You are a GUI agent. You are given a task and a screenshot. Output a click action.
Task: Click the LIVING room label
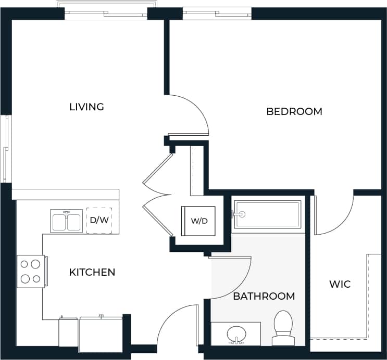pos(86,107)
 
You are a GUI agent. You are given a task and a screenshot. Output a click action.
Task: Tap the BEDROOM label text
pos(294,111)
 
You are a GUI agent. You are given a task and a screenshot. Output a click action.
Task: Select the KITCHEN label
pos(92,272)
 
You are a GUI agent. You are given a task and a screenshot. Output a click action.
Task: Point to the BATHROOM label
pos(264,296)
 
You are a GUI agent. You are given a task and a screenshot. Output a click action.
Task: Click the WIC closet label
pos(340,285)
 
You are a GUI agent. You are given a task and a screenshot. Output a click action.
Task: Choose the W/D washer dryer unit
pos(198,221)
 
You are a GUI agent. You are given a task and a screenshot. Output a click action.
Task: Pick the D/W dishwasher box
pos(99,220)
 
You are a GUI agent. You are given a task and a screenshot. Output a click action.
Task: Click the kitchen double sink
pos(67,221)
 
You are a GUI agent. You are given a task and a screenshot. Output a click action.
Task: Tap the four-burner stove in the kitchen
pos(30,271)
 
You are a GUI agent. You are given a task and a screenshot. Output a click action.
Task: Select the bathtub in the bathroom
pos(268,214)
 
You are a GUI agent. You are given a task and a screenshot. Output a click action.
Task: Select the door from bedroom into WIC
pos(331,216)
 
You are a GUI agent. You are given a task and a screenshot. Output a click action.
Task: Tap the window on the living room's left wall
pos(6,148)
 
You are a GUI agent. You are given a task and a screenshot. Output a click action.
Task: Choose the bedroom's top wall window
pos(217,13)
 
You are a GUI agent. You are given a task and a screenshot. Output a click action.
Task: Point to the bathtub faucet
pos(239,213)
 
